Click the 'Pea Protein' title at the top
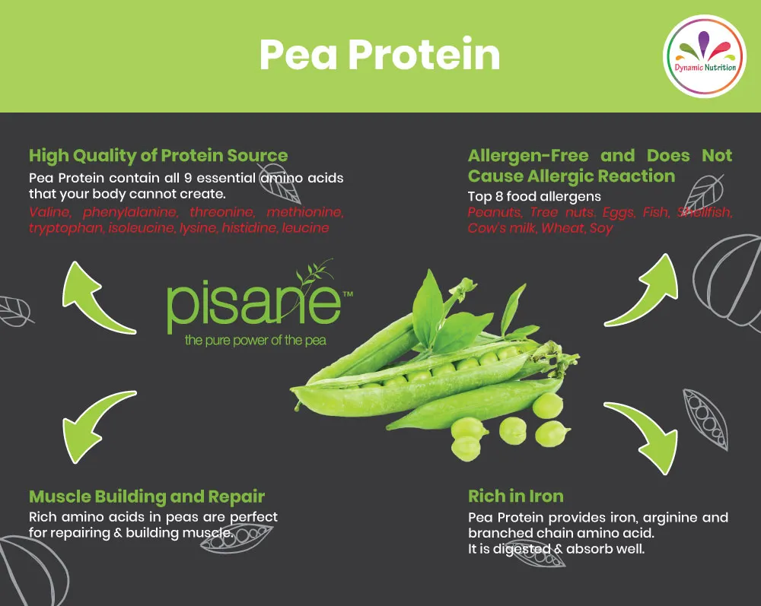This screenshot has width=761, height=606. pyautogui.click(x=380, y=55)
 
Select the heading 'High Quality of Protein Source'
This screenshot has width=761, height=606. pyautogui.click(x=158, y=156)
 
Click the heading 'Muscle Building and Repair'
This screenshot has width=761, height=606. pyautogui.click(x=147, y=497)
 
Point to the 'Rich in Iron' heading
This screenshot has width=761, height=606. pyautogui.click(x=516, y=497)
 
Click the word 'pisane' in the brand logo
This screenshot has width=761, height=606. pyautogui.click(x=253, y=302)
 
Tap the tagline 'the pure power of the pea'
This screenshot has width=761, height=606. pyautogui.click(x=255, y=340)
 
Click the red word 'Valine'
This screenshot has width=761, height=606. pyautogui.click(x=49, y=211)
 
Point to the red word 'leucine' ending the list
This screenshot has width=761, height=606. pyautogui.click(x=305, y=227)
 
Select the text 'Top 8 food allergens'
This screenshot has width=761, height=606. pyautogui.click(x=534, y=196)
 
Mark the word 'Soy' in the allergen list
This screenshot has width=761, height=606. pyautogui.click(x=600, y=227)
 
